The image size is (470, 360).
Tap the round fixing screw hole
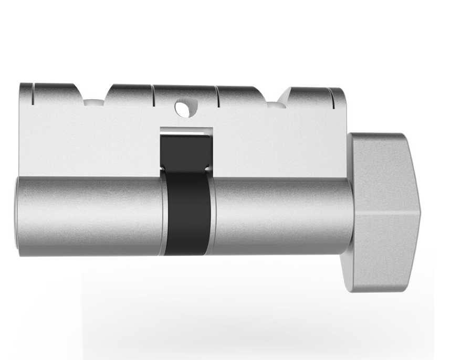pyautogui.click(x=182, y=109)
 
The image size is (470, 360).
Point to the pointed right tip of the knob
pyautogui.click(x=420, y=213)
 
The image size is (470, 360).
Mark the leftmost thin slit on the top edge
pyautogui.click(x=33, y=93)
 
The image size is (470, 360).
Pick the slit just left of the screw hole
pyautogui.click(x=153, y=96)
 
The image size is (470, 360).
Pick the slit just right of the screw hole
pyautogui.click(x=217, y=96)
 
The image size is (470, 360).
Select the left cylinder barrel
pyautogui.click(x=89, y=216)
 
